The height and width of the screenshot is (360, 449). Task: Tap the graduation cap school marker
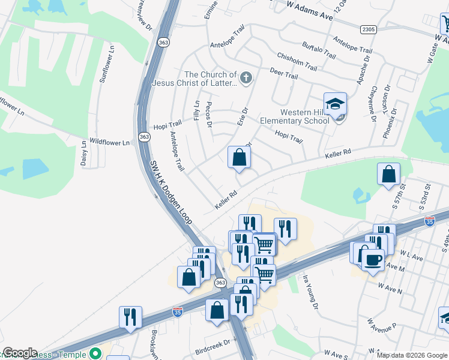(336, 103)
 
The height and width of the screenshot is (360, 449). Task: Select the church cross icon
(245, 77)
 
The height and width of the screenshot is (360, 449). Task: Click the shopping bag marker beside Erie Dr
(239, 158)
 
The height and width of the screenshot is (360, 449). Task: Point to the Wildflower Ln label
(109, 143)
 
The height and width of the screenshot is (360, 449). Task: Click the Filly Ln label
(197, 110)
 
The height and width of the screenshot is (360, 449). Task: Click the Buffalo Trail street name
(319, 50)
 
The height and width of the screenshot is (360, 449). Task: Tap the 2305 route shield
(368, 29)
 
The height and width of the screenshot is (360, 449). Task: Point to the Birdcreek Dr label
(212, 344)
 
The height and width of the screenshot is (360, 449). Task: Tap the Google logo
(20, 353)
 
